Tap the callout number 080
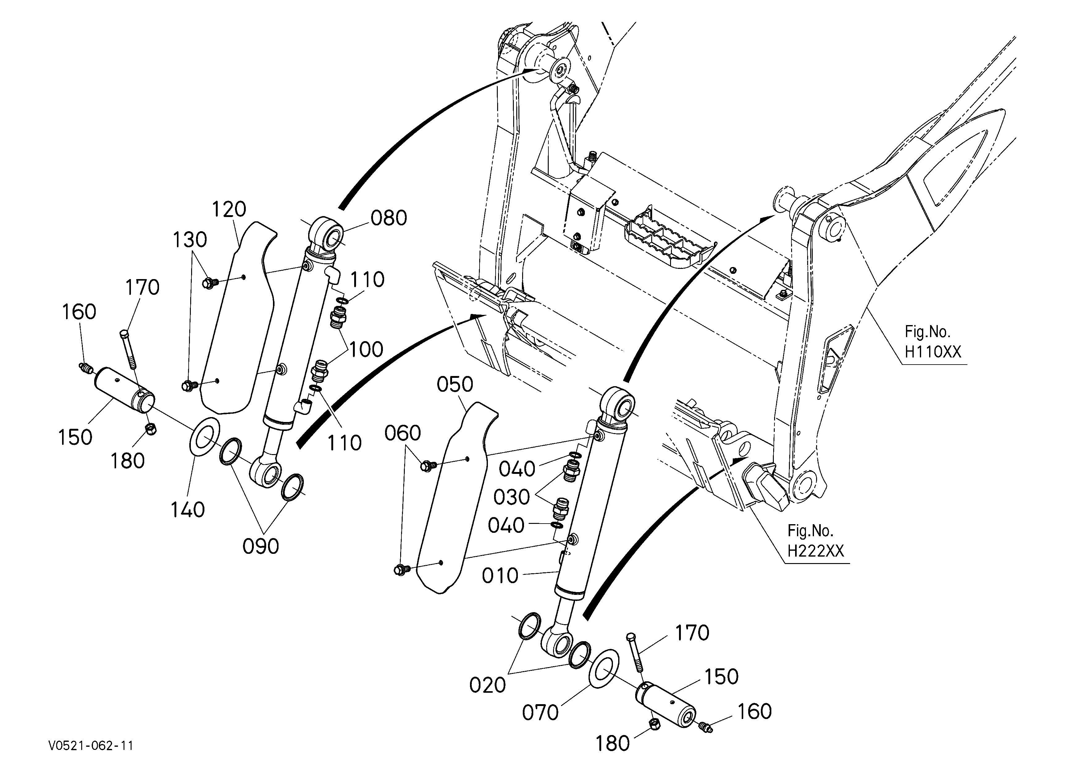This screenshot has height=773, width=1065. pos(389,218)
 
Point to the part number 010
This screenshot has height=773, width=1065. pos(500,575)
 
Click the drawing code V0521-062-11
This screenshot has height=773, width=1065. pos(90,746)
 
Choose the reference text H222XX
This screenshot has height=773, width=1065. pos(816,550)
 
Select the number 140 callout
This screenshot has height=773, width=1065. pos(187,509)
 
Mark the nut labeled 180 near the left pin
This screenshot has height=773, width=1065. pos(151,428)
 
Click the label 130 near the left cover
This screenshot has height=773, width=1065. pos(190,240)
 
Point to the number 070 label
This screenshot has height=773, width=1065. pos(540,713)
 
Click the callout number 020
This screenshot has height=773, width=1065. pos(488,686)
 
